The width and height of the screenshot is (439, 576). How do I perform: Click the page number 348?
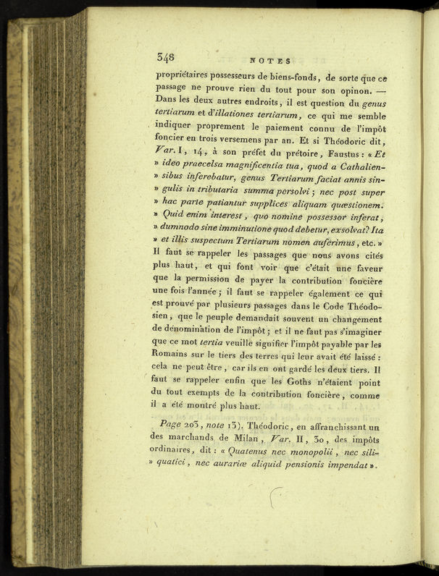click(165, 58)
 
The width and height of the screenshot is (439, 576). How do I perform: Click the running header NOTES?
click(269, 62)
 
